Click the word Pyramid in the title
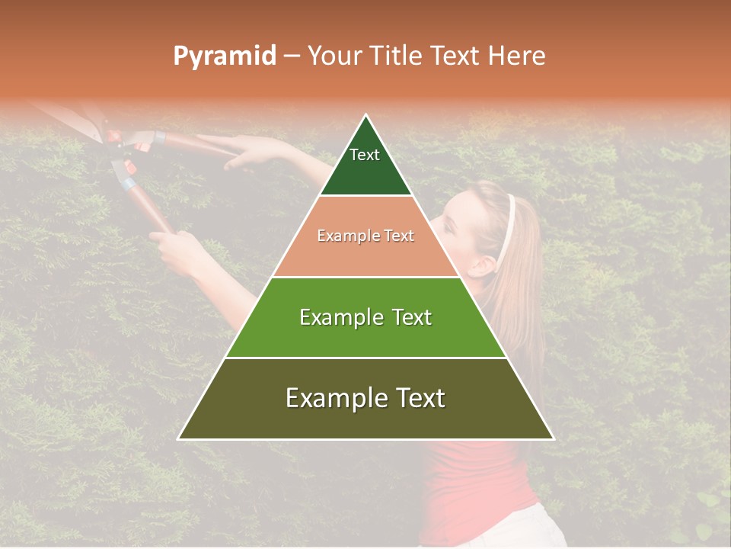click(224, 56)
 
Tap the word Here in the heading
click(516, 56)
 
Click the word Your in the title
click(334, 56)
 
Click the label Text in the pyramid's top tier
click(365, 155)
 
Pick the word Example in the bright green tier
click(337, 317)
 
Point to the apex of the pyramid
click(366, 117)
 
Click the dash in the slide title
click(292, 56)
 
